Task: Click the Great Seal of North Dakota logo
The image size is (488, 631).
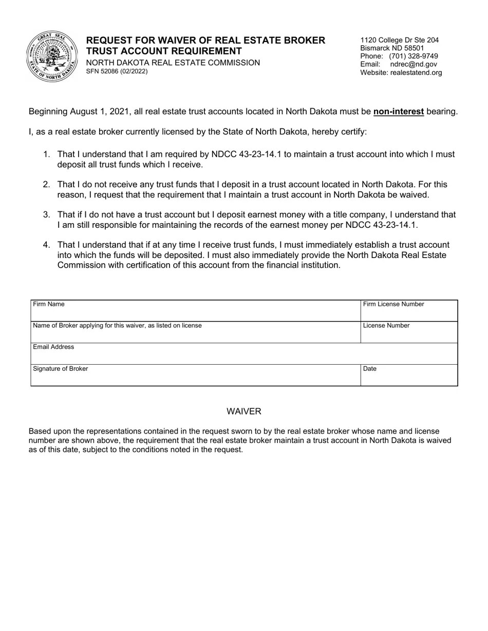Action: [51, 56]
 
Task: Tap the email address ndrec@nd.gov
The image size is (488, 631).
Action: [414, 64]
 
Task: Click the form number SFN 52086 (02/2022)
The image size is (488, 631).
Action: [117, 71]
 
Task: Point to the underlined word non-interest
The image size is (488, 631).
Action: [398, 111]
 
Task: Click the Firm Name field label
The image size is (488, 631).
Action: [49, 304]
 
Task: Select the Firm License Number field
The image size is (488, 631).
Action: [409, 311]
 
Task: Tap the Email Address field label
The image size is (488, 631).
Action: [53, 347]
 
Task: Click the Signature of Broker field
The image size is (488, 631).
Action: [195, 376]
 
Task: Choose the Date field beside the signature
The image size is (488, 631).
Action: [409, 376]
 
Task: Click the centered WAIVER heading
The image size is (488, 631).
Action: [244, 411]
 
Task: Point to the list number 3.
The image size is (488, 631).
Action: [46, 214]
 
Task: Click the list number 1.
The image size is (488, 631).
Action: [46, 154]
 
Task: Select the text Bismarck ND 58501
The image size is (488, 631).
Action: [392, 48]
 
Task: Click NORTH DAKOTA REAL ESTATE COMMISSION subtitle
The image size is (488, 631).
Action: [173, 63]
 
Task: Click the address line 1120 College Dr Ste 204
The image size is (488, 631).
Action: [399, 40]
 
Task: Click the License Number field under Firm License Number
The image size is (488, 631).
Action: [409, 332]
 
